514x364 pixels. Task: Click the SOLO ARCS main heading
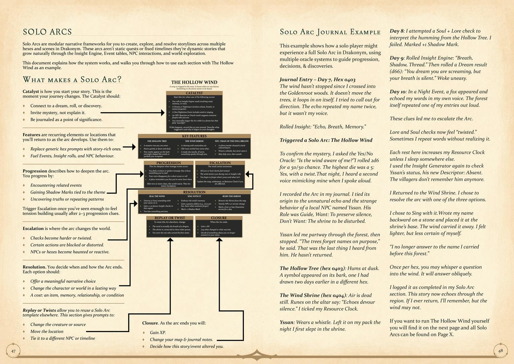47,32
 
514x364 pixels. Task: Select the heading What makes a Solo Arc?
72,80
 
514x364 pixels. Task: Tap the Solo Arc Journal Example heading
330,32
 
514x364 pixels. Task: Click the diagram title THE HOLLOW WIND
194,82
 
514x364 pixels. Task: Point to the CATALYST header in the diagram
194,93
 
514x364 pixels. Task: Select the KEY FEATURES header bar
194,136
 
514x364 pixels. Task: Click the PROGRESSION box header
169,163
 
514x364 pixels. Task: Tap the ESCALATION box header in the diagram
220,163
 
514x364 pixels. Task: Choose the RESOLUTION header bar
194,192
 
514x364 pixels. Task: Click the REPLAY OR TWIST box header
170,218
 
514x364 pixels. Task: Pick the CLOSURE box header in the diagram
219,218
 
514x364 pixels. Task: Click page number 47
13,351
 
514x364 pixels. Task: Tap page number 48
500,351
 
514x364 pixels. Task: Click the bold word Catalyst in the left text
31,92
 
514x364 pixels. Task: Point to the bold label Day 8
396,31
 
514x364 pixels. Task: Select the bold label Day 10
398,92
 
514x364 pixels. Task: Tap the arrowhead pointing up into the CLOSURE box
219,240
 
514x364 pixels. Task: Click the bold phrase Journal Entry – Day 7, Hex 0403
317,80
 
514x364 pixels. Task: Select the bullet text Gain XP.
158,333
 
